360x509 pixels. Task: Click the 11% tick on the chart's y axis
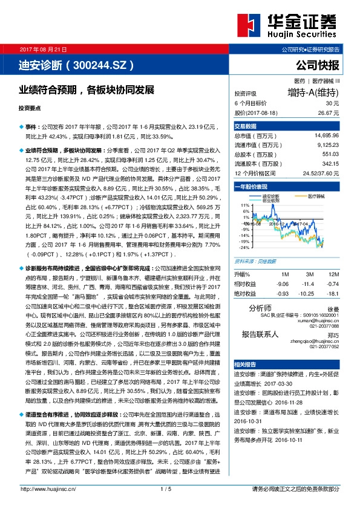tap(244, 205)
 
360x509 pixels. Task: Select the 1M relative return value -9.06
tap(281, 284)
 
